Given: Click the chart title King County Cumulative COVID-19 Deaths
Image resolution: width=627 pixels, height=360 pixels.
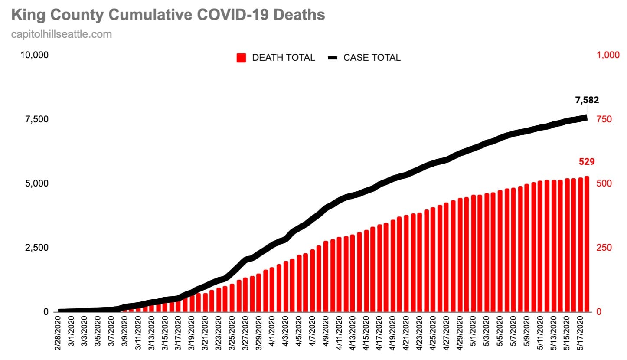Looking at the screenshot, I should point(168,15).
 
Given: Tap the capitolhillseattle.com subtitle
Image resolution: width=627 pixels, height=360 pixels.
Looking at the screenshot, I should point(62,34).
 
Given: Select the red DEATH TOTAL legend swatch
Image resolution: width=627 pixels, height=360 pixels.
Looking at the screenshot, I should point(242,58).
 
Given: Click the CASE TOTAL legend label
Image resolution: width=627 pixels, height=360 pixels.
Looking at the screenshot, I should point(372,58).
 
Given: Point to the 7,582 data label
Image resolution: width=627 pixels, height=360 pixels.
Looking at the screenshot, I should point(587,100).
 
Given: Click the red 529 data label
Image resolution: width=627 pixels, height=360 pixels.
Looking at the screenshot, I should point(586,162).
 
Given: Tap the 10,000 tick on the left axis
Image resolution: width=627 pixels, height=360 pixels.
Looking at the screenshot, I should point(34,55).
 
